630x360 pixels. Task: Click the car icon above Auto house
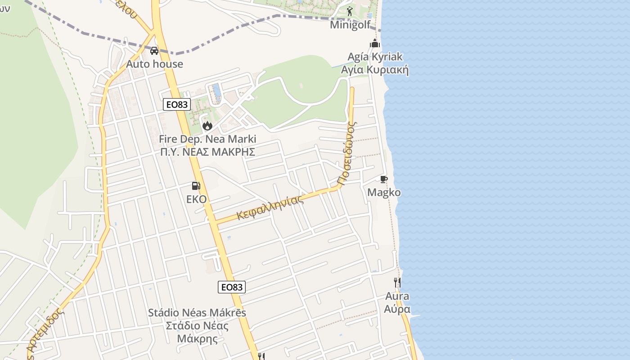click(154, 51)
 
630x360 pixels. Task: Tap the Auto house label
click(154, 64)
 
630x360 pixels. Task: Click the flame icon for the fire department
click(207, 126)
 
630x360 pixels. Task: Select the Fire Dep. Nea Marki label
click(207, 139)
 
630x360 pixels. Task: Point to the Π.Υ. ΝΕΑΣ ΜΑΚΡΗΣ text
click(207, 152)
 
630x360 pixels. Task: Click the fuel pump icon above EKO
click(196, 185)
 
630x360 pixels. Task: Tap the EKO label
click(196, 199)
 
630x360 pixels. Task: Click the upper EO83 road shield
click(177, 105)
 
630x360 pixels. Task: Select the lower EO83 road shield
click(232, 287)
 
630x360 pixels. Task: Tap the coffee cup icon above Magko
click(383, 180)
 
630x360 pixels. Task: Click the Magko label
click(384, 193)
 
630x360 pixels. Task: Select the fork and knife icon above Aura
click(397, 283)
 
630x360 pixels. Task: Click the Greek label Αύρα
click(397, 310)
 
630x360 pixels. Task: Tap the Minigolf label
click(350, 24)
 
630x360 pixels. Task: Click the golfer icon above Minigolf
click(350, 12)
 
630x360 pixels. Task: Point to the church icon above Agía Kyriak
click(375, 44)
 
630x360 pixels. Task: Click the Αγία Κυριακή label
click(374, 70)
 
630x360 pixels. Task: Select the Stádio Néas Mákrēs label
click(197, 312)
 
